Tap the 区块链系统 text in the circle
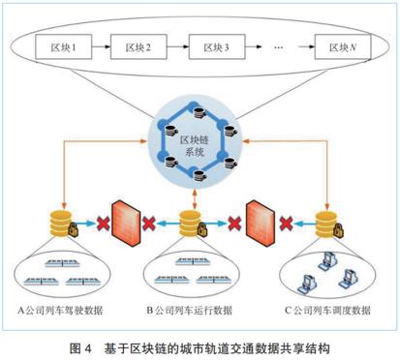click(200, 145)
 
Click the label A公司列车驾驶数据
click(67, 311)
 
